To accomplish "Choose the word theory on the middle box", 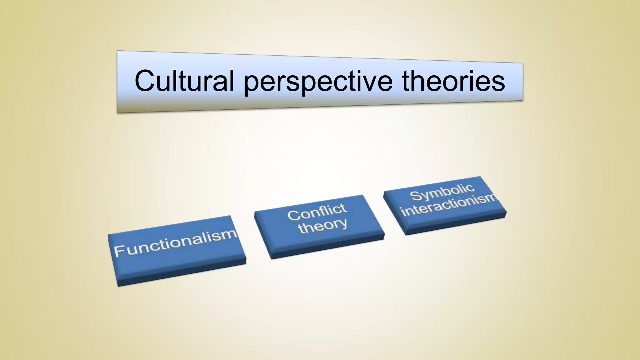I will click(322, 226).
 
